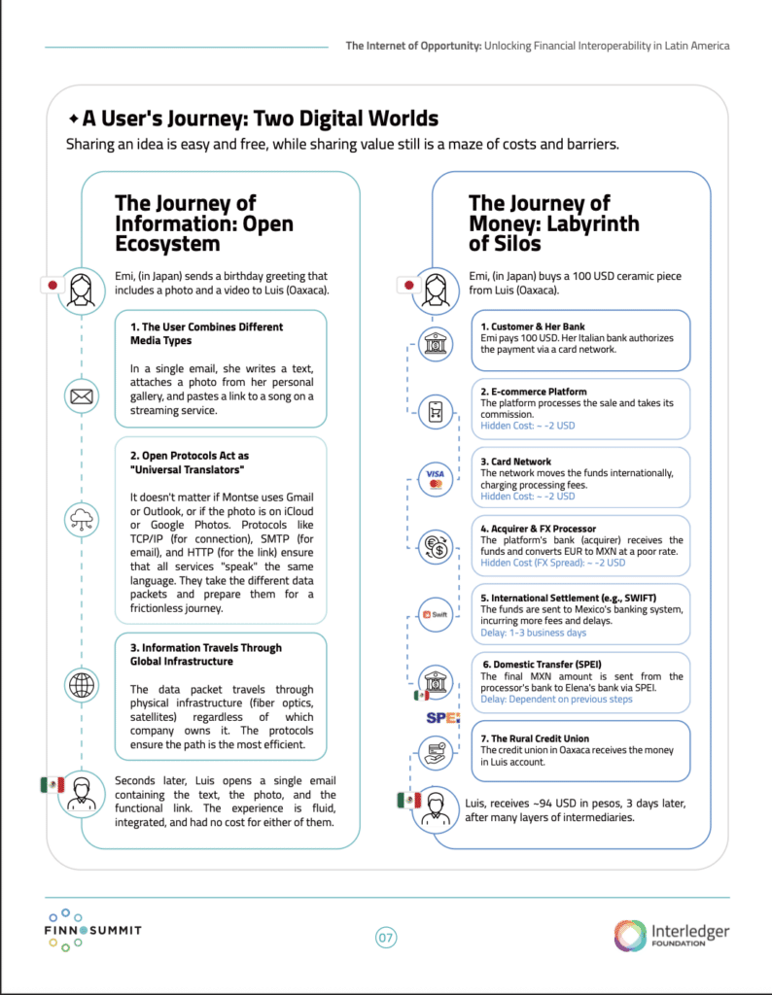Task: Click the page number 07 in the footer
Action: tap(386, 938)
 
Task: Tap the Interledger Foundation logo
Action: tap(671, 936)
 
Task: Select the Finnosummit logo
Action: tap(92, 931)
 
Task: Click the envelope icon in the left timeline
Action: tap(81, 396)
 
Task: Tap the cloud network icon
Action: tap(81, 518)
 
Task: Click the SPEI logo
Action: tap(442, 717)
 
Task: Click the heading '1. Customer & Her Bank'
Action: tap(533, 326)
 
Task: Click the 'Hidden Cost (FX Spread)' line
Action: tap(553, 563)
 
